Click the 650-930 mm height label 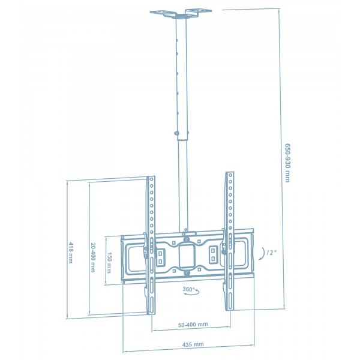[287, 163]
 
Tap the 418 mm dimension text [71, 253]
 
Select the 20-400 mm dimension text [92, 257]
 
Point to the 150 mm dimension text [109, 263]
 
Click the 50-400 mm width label [193, 325]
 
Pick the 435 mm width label [193, 344]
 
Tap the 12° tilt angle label [272, 253]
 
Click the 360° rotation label [188, 289]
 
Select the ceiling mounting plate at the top [181, 13]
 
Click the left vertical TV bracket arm [151, 245]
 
